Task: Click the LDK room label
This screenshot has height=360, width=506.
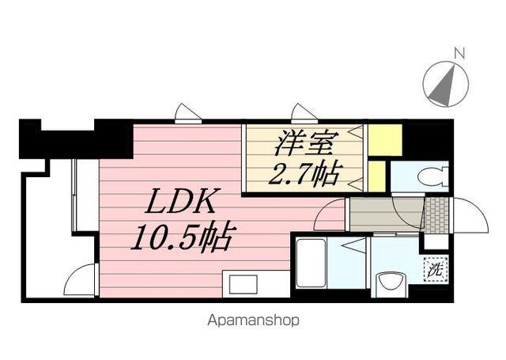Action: [x=179, y=203]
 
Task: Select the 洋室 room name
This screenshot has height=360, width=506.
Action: [x=307, y=145]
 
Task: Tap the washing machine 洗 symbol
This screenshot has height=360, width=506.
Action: [x=435, y=269]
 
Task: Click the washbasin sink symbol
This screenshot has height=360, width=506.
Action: [x=388, y=281]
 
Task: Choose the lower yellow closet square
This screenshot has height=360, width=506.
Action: [x=377, y=176]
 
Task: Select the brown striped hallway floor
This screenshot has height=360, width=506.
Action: [x=386, y=214]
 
